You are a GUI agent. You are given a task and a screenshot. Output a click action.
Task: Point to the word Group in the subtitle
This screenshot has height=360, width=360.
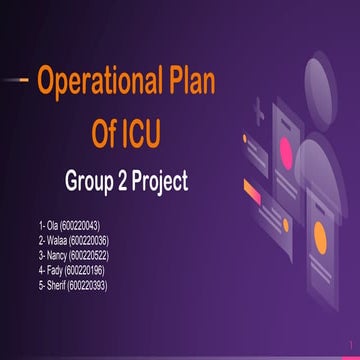92,183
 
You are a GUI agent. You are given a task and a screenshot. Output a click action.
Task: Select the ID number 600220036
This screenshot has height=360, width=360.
91,241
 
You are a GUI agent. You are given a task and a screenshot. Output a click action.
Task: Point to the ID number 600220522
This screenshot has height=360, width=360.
93,256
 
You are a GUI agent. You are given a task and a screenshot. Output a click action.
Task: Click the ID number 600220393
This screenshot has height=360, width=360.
91,285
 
